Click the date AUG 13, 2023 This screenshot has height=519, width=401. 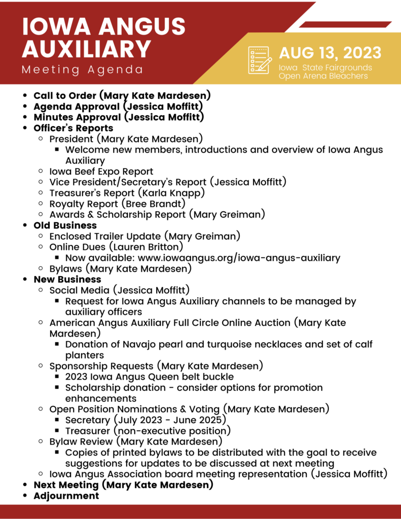click(x=330, y=52)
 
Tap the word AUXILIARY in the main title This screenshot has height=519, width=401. click(x=87, y=48)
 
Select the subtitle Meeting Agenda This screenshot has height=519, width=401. click(x=83, y=69)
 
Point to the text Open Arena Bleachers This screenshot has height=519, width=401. click(x=323, y=76)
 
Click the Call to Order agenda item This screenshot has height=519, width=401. click(x=122, y=95)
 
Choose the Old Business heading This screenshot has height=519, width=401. click(x=65, y=225)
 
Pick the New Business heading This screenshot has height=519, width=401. click(x=67, y=279)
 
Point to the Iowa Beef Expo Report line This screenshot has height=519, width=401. click(x=101, y=171)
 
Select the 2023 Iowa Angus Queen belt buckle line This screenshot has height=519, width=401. click(x=150, y=377)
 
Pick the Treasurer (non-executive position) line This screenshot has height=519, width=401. click(x=148, y=431)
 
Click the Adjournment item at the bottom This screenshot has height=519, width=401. click(x=66, y=496)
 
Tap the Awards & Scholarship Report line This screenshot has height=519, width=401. click(x=157, y=214)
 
